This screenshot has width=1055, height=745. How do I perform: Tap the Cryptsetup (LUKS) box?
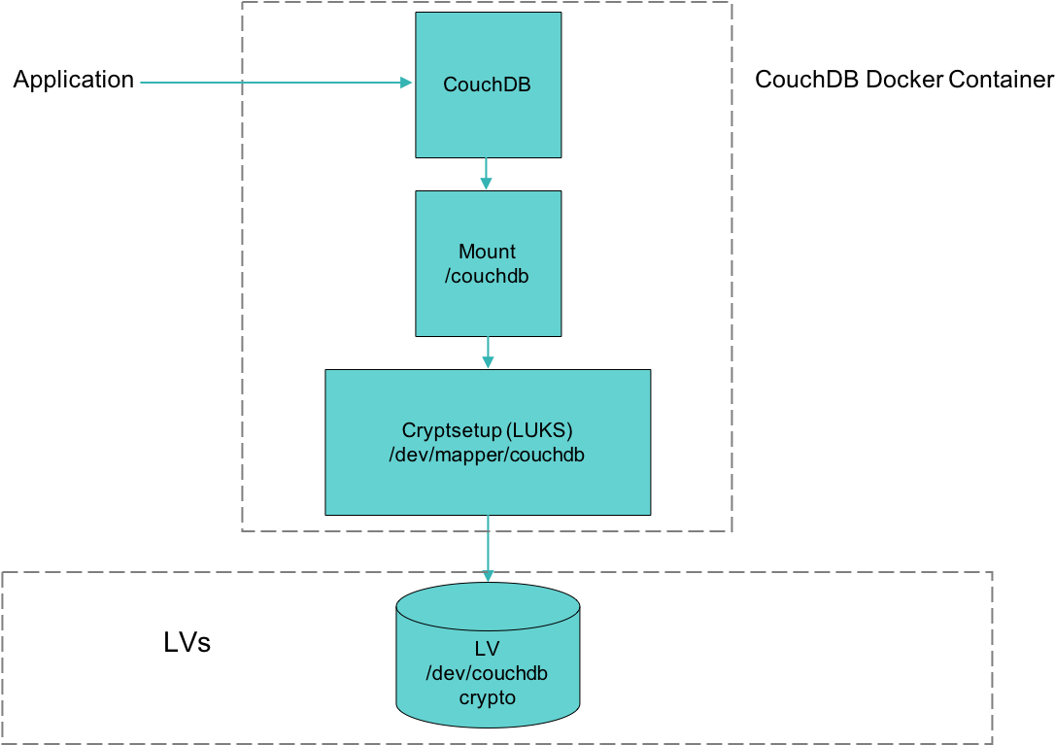[488, 486]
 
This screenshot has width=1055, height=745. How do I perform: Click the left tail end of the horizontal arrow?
[142, 83]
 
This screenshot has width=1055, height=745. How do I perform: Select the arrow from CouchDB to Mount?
[488, 174]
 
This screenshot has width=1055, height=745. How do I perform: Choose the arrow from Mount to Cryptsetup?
[488, 353]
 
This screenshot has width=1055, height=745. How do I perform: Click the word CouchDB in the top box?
[487, 85]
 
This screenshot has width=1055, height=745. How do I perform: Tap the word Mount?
[487, 252]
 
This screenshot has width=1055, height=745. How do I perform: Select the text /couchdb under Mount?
[487, 276]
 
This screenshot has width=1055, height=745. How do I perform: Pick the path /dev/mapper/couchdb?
[487, 455]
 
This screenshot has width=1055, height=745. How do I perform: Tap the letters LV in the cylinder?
[487, 649]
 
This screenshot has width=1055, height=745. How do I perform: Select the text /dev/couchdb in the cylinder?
[487, 673]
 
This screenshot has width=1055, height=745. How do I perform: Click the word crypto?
[487, 697]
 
